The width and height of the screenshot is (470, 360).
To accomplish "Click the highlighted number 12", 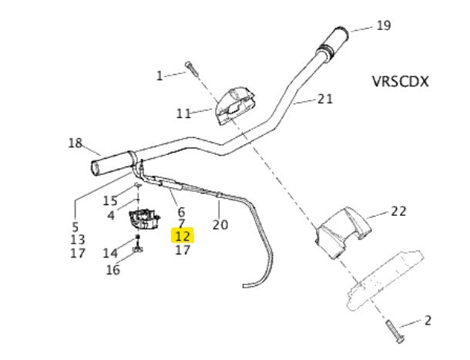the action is pyautogui.click(x=183, y=236).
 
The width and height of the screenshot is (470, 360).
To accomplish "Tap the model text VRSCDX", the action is pyautogui.click(x=400, y=81).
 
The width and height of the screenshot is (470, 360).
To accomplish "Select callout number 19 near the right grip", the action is pyautogui.click(x=384, y=25).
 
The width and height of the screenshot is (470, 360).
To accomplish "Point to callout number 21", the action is pyautogui.click(x=325, y=99).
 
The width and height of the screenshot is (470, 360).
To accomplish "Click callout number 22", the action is pyautogui.click(x=398, y=211).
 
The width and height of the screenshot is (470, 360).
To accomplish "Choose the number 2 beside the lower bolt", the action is pyautogui.click(x=428, y=321).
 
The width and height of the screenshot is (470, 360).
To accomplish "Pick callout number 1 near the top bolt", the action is pyautogui.click(x=159, y=76).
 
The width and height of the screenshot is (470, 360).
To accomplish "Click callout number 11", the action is pyautogui.click(x=183, y=113).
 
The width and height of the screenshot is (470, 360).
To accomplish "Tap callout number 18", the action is pyautogui.click(x=76, y=143).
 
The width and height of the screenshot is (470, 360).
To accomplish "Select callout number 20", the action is pyautogui.click(x=220, y=224).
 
